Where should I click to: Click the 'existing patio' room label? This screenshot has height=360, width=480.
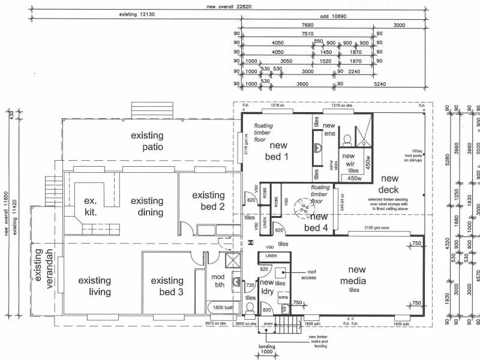coord(147,141)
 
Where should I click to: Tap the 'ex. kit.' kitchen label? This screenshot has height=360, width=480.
coord(91,206)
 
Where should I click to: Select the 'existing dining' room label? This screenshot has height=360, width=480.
coord(147,206)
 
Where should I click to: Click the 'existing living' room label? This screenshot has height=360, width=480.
coord(94,286)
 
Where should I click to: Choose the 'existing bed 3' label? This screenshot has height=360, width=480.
coord(167,286)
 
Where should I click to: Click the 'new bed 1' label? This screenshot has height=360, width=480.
coord(278,151)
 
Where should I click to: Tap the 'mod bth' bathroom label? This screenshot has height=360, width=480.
coord(218,280)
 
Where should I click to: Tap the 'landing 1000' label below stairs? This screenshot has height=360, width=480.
coord(266,350)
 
